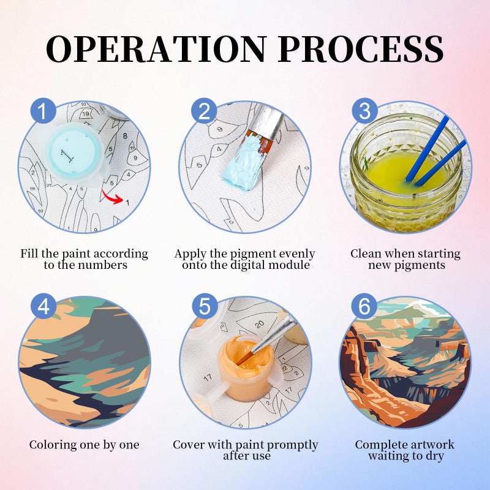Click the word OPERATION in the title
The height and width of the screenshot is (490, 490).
point(157,49)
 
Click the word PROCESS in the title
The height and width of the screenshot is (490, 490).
point(361,49)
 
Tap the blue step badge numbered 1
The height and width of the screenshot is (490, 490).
point(43,111)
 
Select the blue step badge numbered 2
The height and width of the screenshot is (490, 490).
point(204,111)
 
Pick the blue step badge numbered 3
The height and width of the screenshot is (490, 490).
point(364,111)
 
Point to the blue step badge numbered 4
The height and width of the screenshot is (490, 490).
point(43,306)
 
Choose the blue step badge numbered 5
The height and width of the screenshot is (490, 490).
point(205,306)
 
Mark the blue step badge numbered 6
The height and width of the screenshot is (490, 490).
point(364,306)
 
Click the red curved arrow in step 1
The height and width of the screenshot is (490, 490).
point(112,197)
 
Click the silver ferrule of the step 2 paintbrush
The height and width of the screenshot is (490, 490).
point(266,123)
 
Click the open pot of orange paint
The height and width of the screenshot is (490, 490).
point(247,369)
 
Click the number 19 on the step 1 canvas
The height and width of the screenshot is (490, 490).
point(85,114)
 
